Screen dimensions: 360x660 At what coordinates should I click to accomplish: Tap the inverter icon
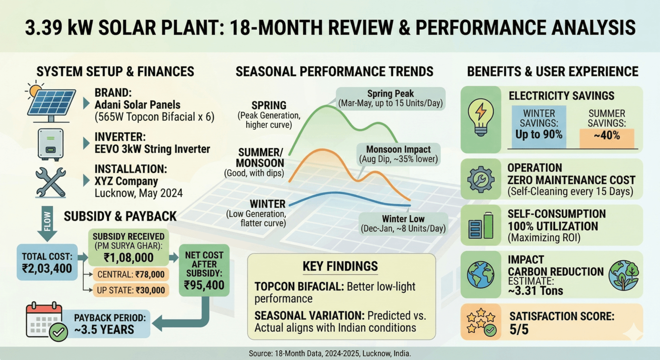point(50,144)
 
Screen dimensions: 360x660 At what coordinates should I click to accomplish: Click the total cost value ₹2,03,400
point(47,269)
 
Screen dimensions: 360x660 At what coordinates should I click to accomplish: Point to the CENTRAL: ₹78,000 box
point(131,275)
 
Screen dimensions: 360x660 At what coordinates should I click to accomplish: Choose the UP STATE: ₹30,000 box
point(131,290)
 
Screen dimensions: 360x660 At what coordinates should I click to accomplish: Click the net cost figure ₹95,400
point(204,285)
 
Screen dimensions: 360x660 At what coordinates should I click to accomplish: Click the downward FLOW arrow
point(47,223)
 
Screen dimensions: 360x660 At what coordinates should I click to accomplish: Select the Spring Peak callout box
point(390,98)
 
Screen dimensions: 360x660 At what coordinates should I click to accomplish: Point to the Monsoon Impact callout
point(398,154)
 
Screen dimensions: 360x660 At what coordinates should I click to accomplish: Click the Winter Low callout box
point(403,223)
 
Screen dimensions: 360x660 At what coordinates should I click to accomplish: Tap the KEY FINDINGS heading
point(340,266)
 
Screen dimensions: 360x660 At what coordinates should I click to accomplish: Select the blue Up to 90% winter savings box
point(539,127)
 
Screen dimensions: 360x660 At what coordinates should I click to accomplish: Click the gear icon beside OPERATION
point(480,179)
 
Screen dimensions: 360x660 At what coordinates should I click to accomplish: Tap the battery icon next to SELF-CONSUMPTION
point(481,226)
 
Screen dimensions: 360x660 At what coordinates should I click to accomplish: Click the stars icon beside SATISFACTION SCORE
point(481,322)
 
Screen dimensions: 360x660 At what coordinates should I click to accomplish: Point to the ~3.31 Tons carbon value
point(535,291)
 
